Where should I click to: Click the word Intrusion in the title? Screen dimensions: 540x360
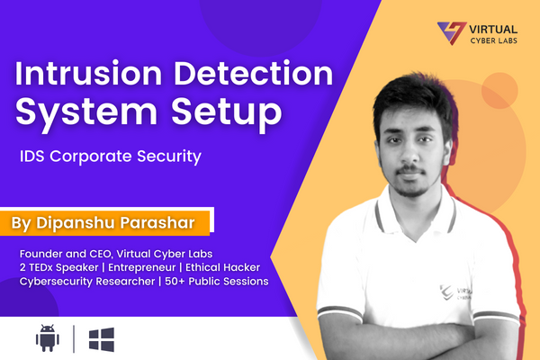click(x=88, y=73)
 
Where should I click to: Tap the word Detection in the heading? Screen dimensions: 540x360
click(x=254, y=73)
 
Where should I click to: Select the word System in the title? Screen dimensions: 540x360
click(x=86, y=112)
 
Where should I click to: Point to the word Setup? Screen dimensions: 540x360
click(x=227, y=112)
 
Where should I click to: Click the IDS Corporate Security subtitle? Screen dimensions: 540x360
click(x=111, y=157)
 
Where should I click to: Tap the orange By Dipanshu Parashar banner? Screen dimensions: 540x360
click(x=104, y=223)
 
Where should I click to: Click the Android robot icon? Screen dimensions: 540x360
click(x=48, y=338)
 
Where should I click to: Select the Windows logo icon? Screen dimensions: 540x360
click(x=102, y=339)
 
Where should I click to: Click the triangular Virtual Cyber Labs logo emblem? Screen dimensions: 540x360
click(x=452, y=32)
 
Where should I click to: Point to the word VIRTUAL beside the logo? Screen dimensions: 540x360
click(x=493, y=30)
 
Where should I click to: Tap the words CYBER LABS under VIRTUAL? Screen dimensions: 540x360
click(x=494, y=40)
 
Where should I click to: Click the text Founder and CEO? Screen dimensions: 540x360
click(x=66, y=254)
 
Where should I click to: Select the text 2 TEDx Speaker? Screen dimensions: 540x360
click(x=58, y=267)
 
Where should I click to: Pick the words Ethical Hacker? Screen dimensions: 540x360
click(x=223, y=267)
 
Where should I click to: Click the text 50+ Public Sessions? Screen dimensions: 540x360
click(x=217, y=281)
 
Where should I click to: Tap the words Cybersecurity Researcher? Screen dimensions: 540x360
click(x=87, y=282)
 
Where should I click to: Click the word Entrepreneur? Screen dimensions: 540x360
click(x=142, y=267)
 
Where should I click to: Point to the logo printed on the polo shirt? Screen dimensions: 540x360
click(x=455, y=292)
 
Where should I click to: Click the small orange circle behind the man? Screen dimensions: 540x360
click(x=499, y=91)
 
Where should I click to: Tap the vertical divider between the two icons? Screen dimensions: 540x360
click(x=74, y=339)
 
